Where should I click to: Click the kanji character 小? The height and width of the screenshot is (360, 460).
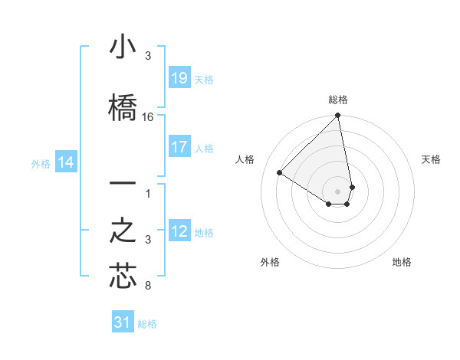point(123,48)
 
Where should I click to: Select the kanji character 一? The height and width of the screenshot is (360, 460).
point(123,186)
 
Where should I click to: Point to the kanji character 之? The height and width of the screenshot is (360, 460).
point(123,231)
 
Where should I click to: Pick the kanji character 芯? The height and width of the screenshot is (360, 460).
point(123,277)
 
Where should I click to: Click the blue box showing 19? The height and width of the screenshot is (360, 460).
point(179,78)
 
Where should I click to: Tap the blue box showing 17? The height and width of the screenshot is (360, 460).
point(179,147)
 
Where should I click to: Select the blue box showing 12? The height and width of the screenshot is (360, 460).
point(179,231)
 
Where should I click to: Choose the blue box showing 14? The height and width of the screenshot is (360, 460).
point(66,162)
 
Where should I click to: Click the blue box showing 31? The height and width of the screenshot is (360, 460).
point(123,322)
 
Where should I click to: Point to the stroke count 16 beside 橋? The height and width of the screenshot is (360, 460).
point(148,117)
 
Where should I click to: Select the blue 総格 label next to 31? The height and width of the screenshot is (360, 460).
point(147,324)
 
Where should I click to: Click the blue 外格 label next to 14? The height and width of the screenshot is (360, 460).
point(40,163)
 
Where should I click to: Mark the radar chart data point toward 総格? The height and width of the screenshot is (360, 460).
point(337,116)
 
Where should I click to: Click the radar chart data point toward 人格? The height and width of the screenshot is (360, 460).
point(280,173)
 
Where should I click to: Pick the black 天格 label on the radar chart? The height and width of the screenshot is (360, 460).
point(431,159)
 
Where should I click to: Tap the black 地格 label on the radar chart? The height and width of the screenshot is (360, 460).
point(402,262)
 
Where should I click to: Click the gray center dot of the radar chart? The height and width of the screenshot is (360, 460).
point(337,191)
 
